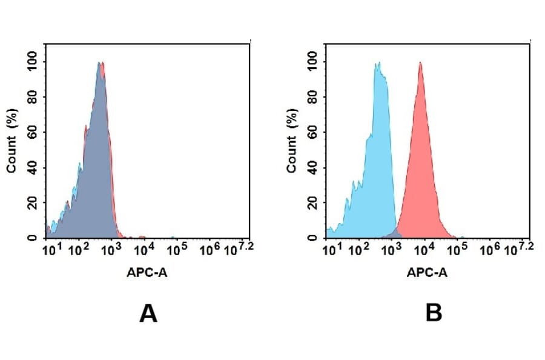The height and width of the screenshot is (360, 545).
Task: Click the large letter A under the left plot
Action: pos(148,313)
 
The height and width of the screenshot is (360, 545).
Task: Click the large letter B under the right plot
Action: pos(434,313)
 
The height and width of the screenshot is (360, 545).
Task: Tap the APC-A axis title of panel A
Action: pos(148,273)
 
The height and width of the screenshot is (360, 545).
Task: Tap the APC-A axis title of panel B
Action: pos(428,273)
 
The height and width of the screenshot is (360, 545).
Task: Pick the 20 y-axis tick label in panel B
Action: pos(312,203)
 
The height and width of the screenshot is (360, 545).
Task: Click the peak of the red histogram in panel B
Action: pos(420,62)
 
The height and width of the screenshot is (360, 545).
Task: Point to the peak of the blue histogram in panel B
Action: pos(377,63)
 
